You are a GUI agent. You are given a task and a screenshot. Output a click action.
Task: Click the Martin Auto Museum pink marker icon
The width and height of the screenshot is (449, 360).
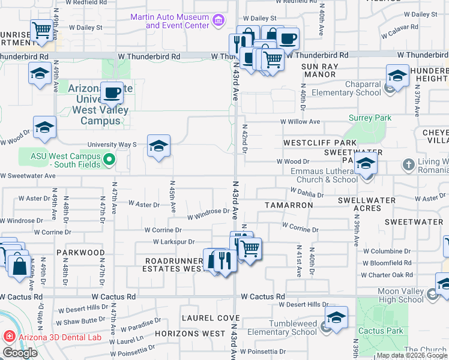click(218, 22)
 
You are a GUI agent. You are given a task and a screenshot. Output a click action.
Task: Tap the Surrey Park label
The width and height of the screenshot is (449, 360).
click(370, 118)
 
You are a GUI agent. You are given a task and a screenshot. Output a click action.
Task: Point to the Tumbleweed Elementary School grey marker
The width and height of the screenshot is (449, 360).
click(325, 328)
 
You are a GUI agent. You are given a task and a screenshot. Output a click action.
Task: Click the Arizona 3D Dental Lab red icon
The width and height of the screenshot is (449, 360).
click(9, 337)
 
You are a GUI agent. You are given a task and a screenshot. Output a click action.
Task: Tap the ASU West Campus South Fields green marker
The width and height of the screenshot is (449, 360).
click(109, 160)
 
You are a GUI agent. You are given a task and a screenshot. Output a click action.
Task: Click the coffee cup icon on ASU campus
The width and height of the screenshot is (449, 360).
click(112, 92)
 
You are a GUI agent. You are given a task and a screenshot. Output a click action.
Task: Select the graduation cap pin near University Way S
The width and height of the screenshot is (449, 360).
click(158, 146)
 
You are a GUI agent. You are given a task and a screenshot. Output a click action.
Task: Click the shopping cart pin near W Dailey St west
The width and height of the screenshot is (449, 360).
click(42, 29)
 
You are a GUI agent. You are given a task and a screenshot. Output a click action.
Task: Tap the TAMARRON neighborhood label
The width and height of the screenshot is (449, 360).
click(289, 205)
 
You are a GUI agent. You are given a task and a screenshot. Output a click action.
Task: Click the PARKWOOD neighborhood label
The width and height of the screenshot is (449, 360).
click(80, 253)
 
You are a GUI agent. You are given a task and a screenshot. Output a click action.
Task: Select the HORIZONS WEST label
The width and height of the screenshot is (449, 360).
click(190, 333)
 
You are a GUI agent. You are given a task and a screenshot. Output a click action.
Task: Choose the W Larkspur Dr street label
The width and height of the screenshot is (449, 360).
click(174, 242)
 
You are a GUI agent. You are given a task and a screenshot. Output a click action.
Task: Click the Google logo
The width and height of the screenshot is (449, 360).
click(20, 353)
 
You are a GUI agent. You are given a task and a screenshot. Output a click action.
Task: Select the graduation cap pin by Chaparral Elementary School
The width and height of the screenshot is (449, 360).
click(397, 75)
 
